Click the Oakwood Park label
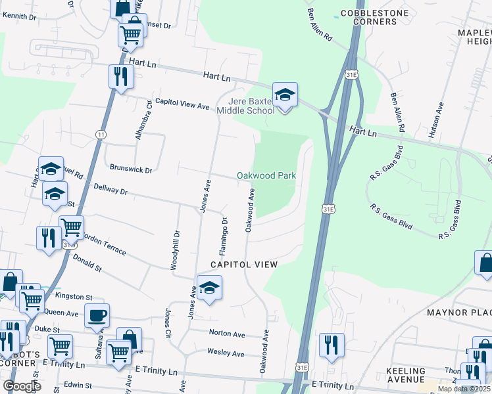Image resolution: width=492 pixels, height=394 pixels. tap(266, 176)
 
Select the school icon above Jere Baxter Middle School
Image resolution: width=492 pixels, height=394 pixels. tap(285, 95)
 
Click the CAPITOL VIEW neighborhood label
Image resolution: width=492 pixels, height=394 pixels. tap(243, 264)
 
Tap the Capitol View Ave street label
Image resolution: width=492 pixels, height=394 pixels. tap(182, 106)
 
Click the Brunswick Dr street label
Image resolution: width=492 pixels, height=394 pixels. tap(131, 169)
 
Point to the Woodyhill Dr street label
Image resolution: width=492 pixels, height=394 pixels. tap(176, 250)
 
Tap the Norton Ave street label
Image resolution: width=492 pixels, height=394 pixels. tap(226, 333)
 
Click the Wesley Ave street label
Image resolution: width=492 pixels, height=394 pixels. tap(226, 353)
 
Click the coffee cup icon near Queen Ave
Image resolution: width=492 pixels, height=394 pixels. tap(97, 315)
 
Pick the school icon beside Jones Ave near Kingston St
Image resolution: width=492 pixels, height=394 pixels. tap(209, 288)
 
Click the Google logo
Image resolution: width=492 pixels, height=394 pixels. tap(22, 386)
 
